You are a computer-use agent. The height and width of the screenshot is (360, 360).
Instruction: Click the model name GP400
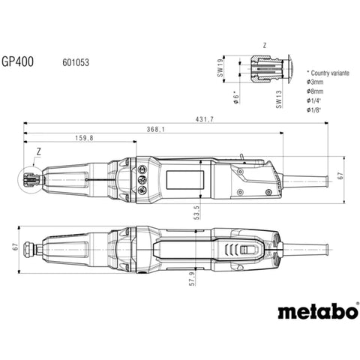click(17, 61)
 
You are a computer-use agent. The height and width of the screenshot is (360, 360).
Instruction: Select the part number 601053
click(76, 62)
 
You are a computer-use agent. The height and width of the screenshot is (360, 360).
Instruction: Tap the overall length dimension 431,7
click(205, 119)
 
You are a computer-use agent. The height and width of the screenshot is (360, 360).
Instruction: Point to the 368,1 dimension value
click(156, 129)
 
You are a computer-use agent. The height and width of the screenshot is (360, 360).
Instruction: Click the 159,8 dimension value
click(84, 138)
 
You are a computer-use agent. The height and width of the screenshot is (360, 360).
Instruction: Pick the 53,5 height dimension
click(197, 212)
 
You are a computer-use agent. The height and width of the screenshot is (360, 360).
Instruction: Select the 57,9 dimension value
click(192, 279)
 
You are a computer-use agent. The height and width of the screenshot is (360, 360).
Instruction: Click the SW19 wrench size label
click(220, 67)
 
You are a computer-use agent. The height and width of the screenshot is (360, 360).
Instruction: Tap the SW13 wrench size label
click(279, 99)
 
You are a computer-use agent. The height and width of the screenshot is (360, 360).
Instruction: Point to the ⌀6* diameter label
click(235, 98)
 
